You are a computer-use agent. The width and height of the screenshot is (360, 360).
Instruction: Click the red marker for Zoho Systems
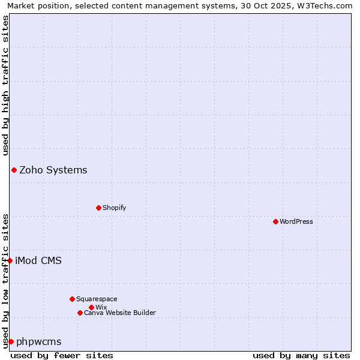pyautogui.click(x=14, y=170)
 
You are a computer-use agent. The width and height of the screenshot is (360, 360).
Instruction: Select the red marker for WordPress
pyautogui.click(x=275, y=221)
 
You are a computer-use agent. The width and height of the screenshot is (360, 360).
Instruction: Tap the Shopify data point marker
pyautogui.click(x=98, y=208)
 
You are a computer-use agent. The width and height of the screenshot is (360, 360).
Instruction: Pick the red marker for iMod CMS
pyautogui.click(x=10, y=260)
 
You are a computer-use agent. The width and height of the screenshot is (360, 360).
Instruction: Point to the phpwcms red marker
pyautogui.click(x=11, y=341)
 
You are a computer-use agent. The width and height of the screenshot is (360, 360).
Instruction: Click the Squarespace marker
pyautogui.click(x=72, y=299)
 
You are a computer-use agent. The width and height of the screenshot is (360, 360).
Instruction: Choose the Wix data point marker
pyautogui.click(x=91, y=307)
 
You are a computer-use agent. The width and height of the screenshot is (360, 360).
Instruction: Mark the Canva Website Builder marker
pyautogui.click(x=80, y=313)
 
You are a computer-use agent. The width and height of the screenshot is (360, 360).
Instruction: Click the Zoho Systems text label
pyautogui.click(x=53, y=170)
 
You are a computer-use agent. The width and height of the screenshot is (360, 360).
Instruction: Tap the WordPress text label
pyautogui.click(x=296, y=221)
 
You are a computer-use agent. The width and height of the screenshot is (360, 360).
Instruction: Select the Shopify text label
pyautogui.click(x=115, y=208)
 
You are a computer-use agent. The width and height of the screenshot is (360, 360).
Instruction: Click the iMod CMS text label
pyautogui.click(x=38, y=260)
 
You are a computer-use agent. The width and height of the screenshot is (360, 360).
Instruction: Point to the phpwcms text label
pyautogui.click(x=39, y=341)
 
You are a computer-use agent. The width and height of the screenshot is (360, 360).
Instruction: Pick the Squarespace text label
pyautogui.click(x=97, y=299)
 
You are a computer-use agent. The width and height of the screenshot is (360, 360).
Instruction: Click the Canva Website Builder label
pyautogui.click(x=120, y=313)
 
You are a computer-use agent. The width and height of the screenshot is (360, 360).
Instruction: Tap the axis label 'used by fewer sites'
pyautogui.click(x=62, y=355)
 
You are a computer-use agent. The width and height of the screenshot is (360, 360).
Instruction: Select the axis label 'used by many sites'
pyautogui.click(x=301, y=355)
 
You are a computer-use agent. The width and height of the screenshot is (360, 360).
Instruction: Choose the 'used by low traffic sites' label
pyautogui.click(x=5, y=281)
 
